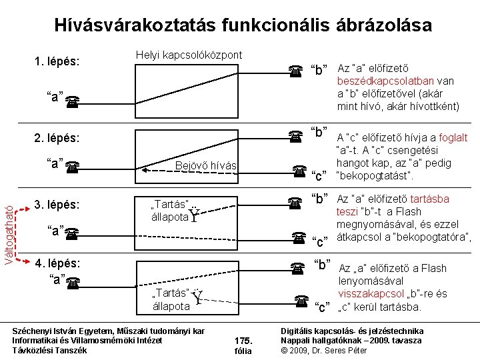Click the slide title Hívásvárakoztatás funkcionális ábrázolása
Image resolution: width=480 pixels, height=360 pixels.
pos(243,26)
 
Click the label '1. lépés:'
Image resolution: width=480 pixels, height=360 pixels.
pos(57,62)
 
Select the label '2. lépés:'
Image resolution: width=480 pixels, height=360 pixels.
pos(57,139)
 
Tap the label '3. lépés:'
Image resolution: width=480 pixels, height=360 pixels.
pos(57,204)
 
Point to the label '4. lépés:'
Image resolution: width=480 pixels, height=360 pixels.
pos(57,263)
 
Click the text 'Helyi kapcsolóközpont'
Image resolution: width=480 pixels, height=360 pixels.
pos(189,54)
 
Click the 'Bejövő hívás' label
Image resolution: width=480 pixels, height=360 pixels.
pos(205,165)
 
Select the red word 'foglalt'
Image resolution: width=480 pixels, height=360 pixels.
pos(453,138)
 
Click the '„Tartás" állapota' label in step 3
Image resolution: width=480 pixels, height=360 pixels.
pos(171,210)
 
